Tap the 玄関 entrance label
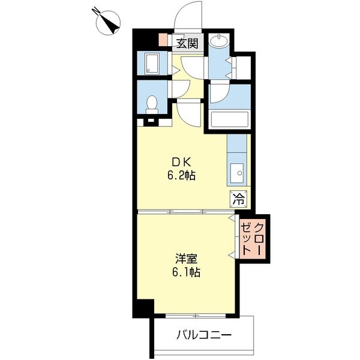pos(187,43)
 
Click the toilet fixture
pos(152,103)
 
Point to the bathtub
pos(230,118)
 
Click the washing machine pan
pos(151,63)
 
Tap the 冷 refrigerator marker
pos(238,199)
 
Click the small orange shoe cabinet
pos(163,41)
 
